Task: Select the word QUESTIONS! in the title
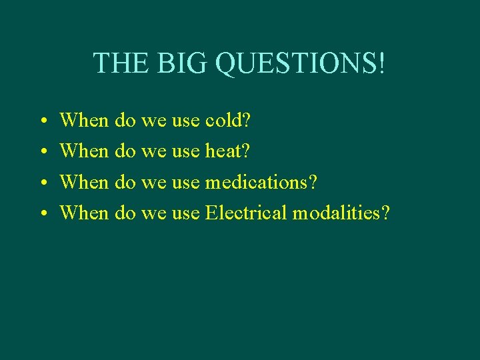(301, 63)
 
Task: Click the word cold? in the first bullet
(228, 121)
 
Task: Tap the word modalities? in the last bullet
(341, 213)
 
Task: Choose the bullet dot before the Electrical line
(42, 214)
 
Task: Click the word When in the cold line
(84, 121)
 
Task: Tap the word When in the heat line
(84, 151)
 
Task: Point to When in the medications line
(84, 182)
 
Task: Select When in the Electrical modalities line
(84, 213)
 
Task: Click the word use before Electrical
(186, 214)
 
